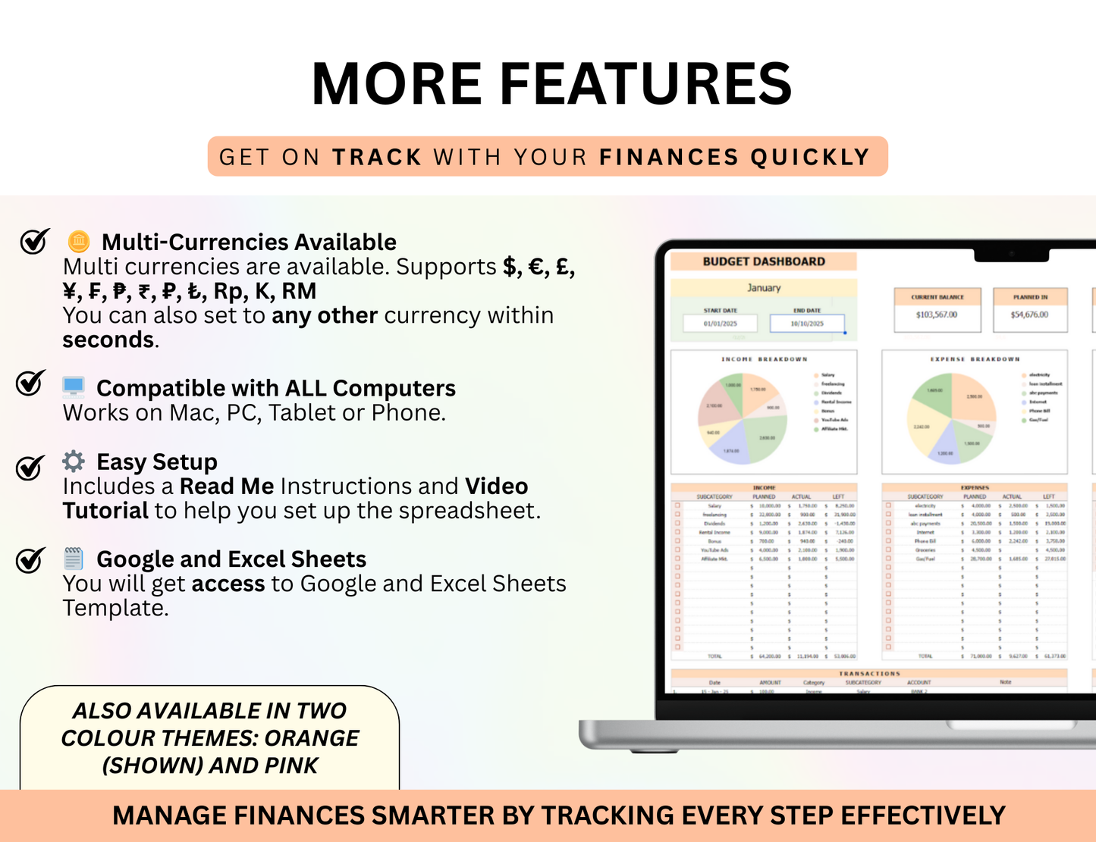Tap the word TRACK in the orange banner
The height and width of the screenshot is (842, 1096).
tap(377, 157)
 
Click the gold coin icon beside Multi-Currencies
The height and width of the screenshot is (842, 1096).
tap(78, 242)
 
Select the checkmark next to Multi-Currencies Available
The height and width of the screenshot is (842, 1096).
tap(34, 241)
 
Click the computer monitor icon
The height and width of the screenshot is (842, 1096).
tap(74, 387)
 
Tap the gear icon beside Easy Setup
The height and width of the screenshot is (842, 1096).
tap(74, 461)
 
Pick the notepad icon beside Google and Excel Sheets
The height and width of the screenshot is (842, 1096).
tap(74, 559)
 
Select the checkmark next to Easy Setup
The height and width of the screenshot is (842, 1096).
tap(30, 467)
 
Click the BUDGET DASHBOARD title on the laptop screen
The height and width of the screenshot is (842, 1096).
tap(763, 261)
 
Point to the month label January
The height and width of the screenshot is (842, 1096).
tap(763, 288)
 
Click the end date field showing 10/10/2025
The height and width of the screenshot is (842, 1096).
tap(806, 324)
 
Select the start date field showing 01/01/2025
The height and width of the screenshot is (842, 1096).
tap(720, 324)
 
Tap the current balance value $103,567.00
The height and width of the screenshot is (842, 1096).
tap(937, 315)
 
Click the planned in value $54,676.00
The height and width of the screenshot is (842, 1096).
tap(1029, 315)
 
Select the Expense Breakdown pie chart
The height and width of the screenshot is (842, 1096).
tap(951, 419)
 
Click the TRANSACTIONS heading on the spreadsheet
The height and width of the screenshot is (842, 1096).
tap(869, 673)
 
